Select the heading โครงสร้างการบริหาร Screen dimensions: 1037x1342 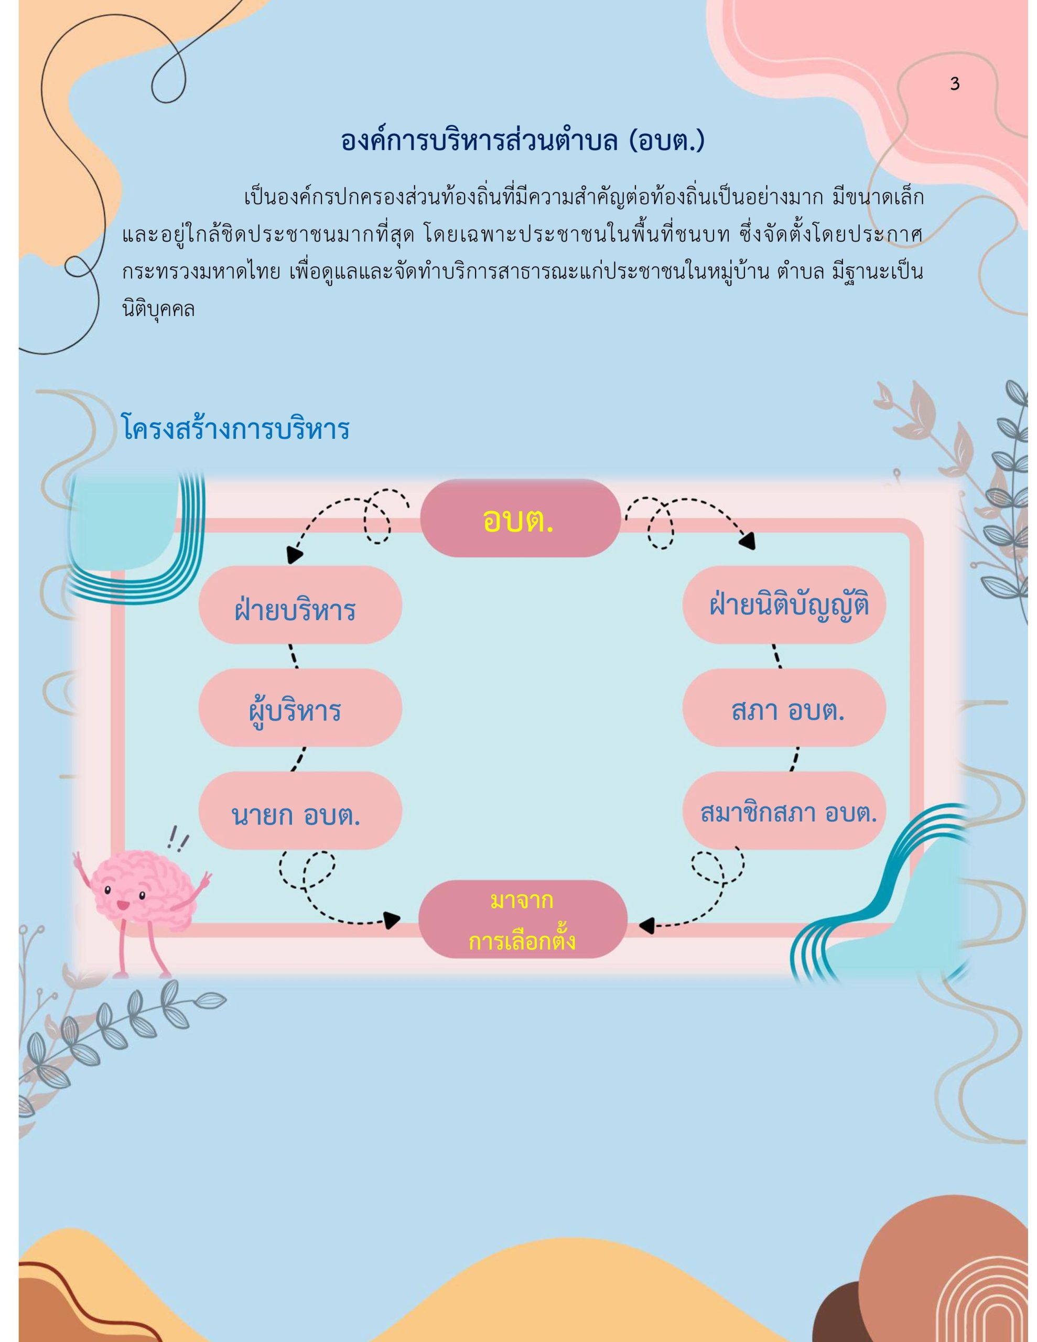coord(236,429)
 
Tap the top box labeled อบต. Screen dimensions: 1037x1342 coord(520,518)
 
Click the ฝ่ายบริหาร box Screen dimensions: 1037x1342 coord(300,604)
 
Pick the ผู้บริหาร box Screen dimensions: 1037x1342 coord(300,708)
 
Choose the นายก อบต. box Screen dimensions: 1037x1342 coord(300,810)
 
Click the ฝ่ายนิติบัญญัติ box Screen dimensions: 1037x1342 coord(784,604)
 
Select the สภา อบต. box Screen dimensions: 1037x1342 coord(784,708)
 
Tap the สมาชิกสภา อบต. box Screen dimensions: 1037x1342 coord(784,810)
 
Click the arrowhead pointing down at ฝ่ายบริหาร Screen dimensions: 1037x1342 coord(295,555)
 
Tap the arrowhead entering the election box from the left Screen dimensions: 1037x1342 coord(392,919)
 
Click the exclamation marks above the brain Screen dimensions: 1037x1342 coord(179,836)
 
